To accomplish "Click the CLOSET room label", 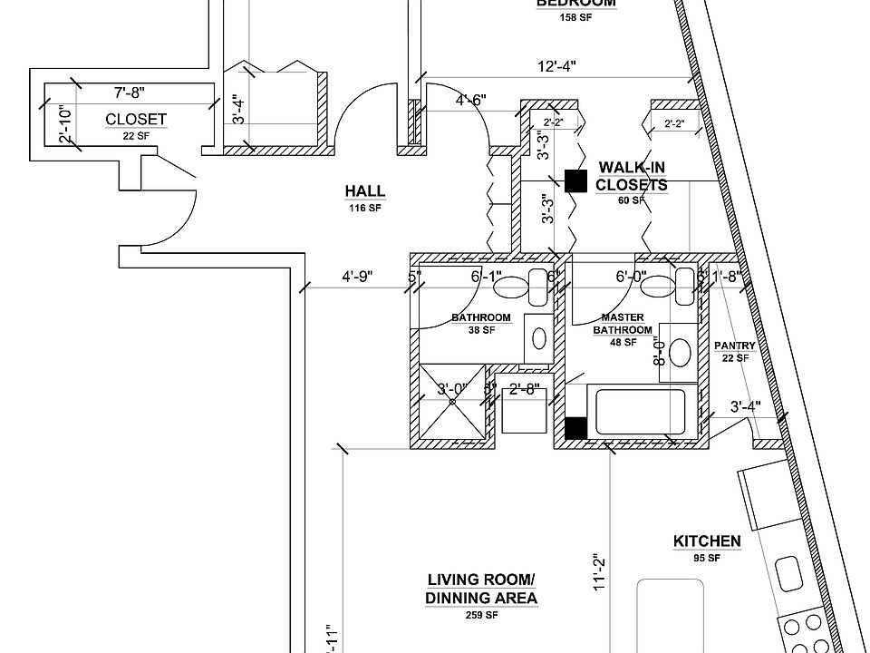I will (136, 119).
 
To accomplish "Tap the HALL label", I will (364, 191).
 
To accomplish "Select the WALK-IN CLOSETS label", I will (632, 177).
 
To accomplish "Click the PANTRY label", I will (734, 346).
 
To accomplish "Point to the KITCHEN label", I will (707, 541).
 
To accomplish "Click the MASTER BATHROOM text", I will (623, 324).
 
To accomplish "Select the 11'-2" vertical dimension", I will (599, 573).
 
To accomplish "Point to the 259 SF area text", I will (481, 616).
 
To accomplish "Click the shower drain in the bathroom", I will (451, 400).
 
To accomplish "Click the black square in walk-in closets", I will (575, 180).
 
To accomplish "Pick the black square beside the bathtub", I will (575, 427).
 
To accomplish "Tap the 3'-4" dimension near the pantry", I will (745, 407).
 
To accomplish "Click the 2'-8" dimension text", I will (525, 390).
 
